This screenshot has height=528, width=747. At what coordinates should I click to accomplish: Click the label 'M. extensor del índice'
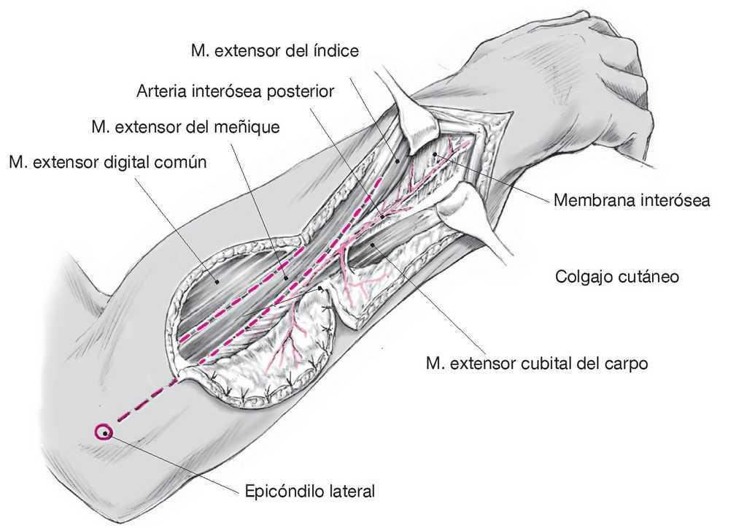(x=274, y=50)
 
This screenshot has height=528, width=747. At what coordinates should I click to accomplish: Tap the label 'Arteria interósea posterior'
(x=235, y=91)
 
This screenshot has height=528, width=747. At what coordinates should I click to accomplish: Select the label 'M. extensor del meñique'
(x=185, y=126)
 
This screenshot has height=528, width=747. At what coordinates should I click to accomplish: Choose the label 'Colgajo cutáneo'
(x=617, y=277)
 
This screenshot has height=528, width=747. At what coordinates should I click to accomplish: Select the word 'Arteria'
(x=160, y=91)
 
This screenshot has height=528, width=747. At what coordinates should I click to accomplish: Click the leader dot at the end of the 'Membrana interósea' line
(x=434, y=155)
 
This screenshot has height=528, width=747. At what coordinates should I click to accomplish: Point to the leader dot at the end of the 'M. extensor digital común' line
(x=216, y=280)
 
